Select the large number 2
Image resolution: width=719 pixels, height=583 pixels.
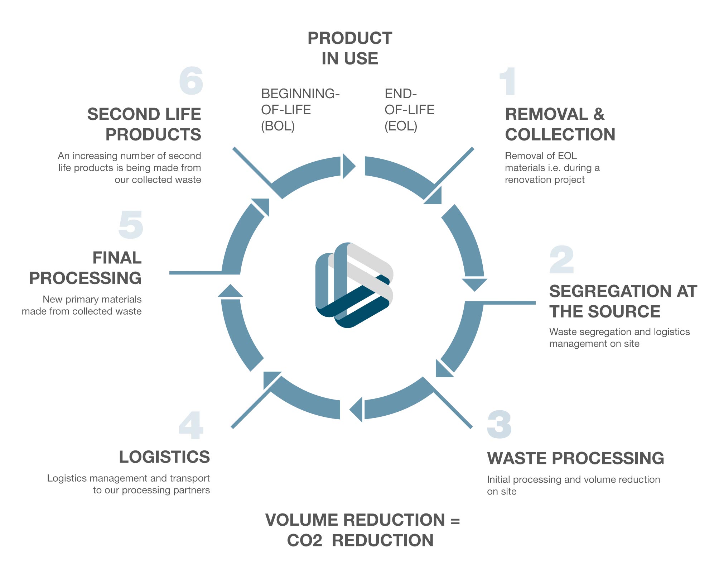click(561, 260)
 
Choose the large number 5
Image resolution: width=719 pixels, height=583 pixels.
click(131, 225)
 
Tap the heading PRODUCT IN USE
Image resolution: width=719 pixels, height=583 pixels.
click(350, 48)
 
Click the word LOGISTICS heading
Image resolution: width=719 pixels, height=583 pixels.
click(164, 457)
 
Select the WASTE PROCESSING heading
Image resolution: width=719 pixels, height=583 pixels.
click(575, 458)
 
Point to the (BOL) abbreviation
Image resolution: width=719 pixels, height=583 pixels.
click(278, 126)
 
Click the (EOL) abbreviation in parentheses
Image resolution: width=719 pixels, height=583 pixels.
click(401, 126)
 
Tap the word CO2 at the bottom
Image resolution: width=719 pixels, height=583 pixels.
click(304, 540)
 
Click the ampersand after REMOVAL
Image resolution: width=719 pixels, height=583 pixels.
click(599, 114)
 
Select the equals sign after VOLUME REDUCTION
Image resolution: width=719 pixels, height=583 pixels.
click(455, 520)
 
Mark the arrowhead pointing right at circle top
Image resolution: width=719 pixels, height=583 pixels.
click(348, 166)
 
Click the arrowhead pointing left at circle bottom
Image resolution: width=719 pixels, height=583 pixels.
click(357, 410)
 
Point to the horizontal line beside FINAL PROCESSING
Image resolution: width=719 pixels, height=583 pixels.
click(195, 273)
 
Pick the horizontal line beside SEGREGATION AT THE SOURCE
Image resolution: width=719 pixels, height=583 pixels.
click(508, 303)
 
